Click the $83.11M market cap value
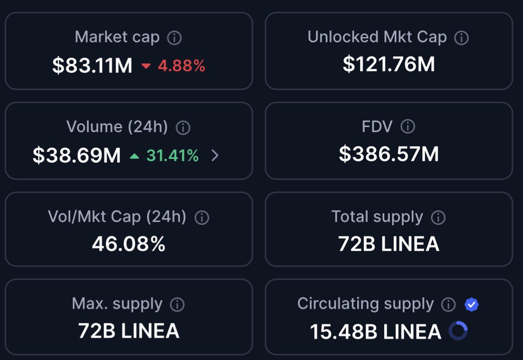[92, 66]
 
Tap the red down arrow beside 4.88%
[146, 66]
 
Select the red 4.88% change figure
[181, 66]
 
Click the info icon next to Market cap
[174, 38]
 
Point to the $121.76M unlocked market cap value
[389, 64]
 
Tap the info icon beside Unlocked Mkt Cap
[462, 38]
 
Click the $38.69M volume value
[77, 155]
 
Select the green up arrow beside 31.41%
[134, 156]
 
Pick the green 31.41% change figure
[173, 156]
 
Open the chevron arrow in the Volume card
[215, 156]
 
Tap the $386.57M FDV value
[389, 154]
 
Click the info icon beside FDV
[407, 127]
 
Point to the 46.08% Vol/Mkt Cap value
[129, 244]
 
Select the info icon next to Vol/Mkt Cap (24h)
[202, 217]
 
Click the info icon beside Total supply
[438, 217]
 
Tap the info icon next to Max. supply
[177, 304]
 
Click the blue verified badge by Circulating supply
[472, 304]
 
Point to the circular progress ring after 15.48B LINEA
[458, 331]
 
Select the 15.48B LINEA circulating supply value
[375, 331]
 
